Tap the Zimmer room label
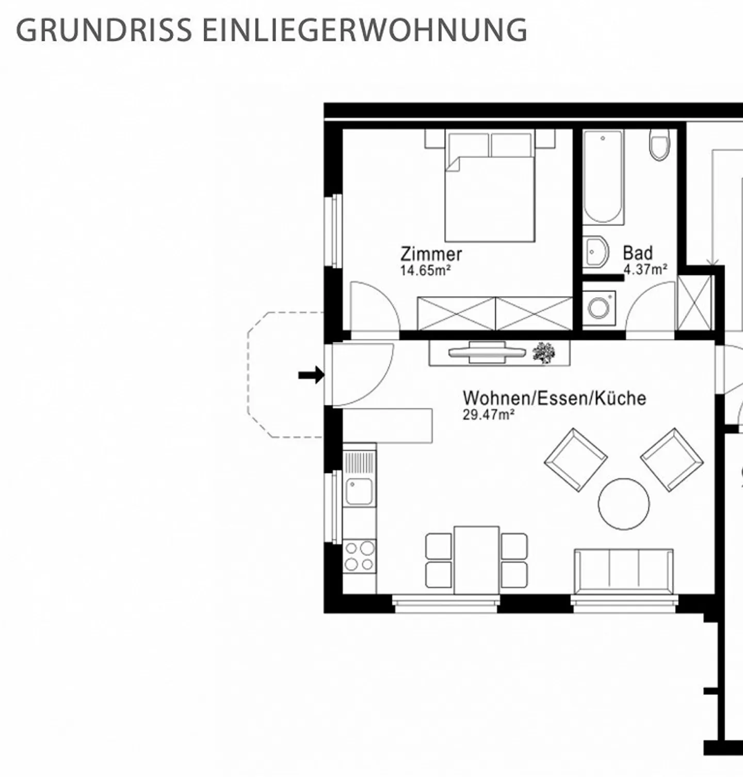(x=431, y=254)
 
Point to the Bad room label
(x=638, y=253)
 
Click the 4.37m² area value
(x=645, y=269)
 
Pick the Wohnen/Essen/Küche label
(x=554, y=398)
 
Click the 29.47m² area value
(x=488, y=414)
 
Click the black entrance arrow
(x=311, y=375)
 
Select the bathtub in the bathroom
(x=603, y=176)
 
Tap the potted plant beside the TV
(x=544, y=353)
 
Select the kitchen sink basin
(x=359, y=491)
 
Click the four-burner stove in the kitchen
(x=360, y=555)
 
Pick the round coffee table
(x=624, y=504)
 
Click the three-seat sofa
(x=623, y=571)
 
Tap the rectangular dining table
(x=476, y=560)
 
